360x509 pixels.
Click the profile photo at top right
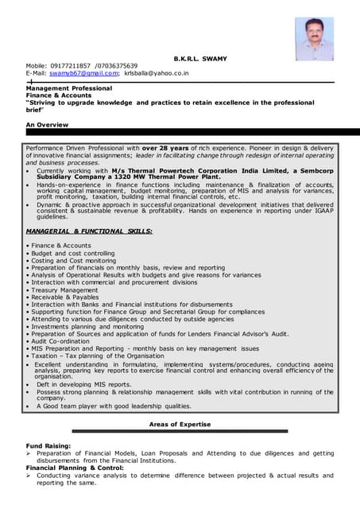tap(314, 39)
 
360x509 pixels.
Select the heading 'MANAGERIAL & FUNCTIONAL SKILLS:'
tap(89, 231)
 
